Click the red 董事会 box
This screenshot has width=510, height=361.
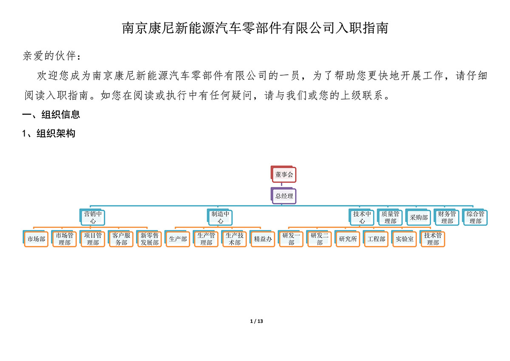click(283, 174)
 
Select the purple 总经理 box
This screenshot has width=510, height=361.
click(283, 196)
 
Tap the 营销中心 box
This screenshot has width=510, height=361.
click(92, 217)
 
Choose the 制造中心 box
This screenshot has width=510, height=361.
click(220, 217)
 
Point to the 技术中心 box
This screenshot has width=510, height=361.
click(362, 217)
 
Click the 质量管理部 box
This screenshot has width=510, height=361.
click(390, 217)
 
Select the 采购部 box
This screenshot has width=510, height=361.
click(418, 217)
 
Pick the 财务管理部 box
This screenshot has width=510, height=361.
click(447, 217)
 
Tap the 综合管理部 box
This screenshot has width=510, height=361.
click(475, 217)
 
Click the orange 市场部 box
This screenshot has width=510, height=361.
click(36, 239)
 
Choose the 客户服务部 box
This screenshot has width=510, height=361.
click(121, 239)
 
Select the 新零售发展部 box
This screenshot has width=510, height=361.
click(149, 239)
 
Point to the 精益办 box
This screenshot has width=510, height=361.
click(262, 239)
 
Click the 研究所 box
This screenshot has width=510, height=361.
click(348, 239)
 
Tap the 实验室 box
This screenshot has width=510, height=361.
click(404, 239)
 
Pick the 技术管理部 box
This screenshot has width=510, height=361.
click(432, 239)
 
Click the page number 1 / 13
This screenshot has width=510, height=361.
click(256, 321)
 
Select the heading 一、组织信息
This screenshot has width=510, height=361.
click(51, 114)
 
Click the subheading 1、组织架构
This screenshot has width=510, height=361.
click(48, 134)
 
